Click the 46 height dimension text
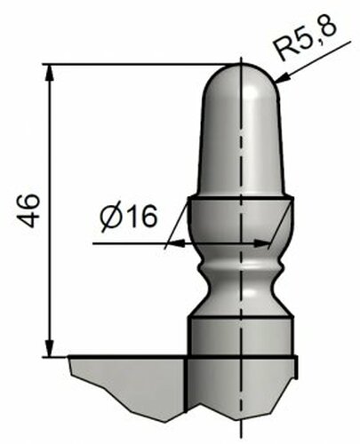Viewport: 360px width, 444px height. [x=28, y=210]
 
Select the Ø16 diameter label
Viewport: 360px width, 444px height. [x=128, y=218]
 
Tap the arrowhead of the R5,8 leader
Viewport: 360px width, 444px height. [x=282, y=78]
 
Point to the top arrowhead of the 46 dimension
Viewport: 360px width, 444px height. [x=50, y=73]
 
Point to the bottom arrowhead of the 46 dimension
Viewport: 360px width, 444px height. [x=50, y=348]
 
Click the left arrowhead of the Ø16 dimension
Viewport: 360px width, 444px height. [x=177, y=243]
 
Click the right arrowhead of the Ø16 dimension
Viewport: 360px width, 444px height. [x=261, y=243]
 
